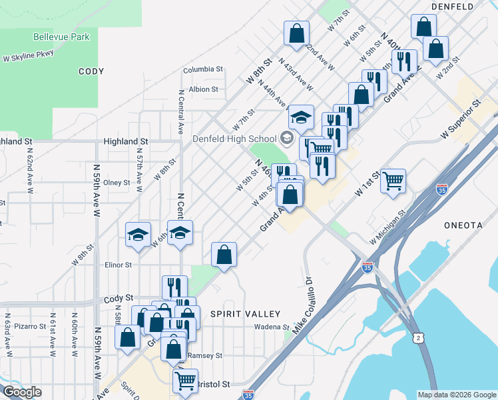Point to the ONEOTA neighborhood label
463,226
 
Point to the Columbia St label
203,69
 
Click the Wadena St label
272,327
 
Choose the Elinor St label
119,265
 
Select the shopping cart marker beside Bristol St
185,381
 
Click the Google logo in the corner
22,393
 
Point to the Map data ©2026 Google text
457,395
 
